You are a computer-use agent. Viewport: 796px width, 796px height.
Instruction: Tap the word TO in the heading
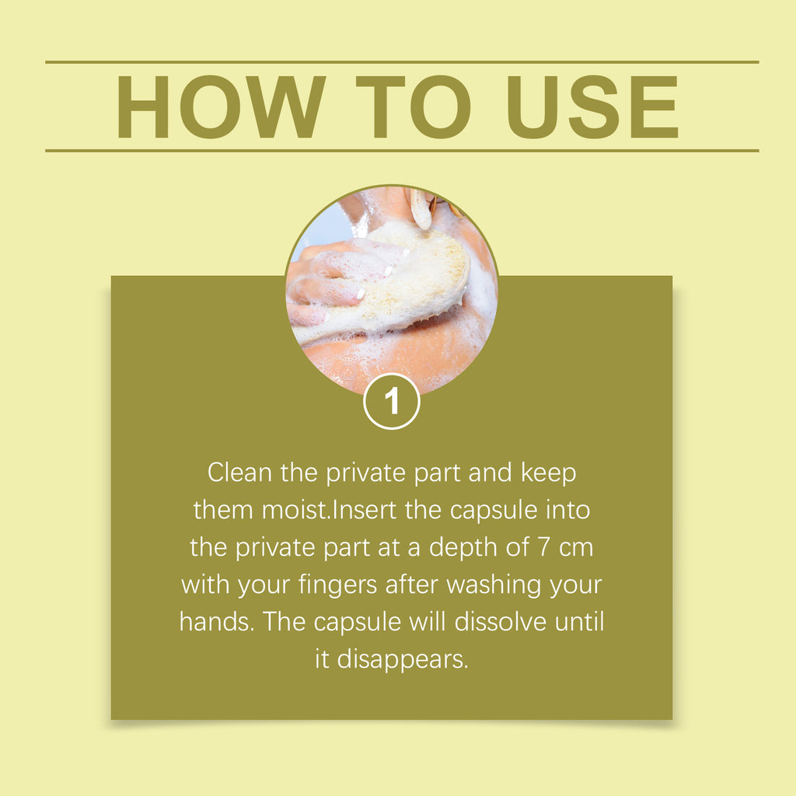pos(413,106)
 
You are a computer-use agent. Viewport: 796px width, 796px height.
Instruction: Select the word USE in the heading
pos(592,106)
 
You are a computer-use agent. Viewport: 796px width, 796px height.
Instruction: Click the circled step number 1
pos(392,401)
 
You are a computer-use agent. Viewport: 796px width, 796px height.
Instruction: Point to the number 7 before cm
pos(543,547)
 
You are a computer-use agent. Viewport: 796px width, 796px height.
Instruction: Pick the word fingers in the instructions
pos(337,585)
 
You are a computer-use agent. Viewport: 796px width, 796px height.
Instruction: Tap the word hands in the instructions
pos(217,622)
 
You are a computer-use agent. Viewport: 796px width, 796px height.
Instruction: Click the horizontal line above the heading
pos(402,62)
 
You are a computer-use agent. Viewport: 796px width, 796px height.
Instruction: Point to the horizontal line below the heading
pos(402,151)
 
